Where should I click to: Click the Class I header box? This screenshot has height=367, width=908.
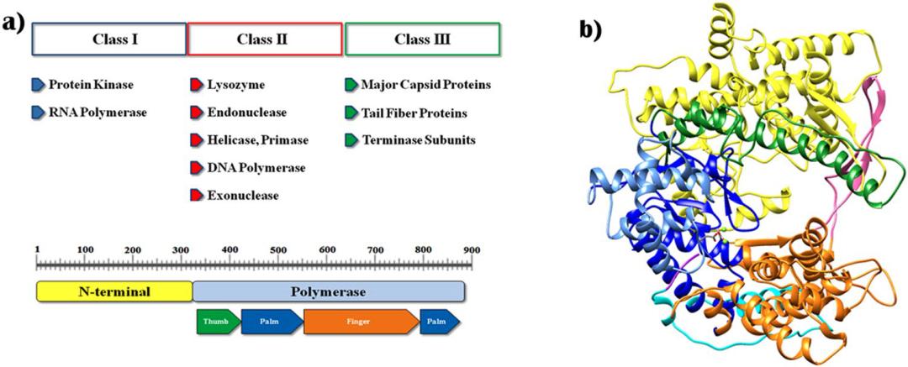[109, 39]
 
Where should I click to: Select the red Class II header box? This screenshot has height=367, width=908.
[265, 39]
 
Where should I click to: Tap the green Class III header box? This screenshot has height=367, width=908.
[423, 39]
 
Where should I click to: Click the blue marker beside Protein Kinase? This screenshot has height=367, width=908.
[38, 85]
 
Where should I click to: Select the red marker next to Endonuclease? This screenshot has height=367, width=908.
[196, 112]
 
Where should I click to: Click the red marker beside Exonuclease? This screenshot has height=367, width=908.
[196, 196]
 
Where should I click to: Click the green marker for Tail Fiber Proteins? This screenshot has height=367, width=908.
[351, 112]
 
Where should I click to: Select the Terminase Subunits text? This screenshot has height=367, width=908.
[418, 139]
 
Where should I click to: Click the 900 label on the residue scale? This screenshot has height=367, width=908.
[471, 250]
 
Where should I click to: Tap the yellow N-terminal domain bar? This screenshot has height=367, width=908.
[114, 291]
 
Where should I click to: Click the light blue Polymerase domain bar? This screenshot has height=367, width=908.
[329, 291]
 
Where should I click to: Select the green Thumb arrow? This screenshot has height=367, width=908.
[217, 322]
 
